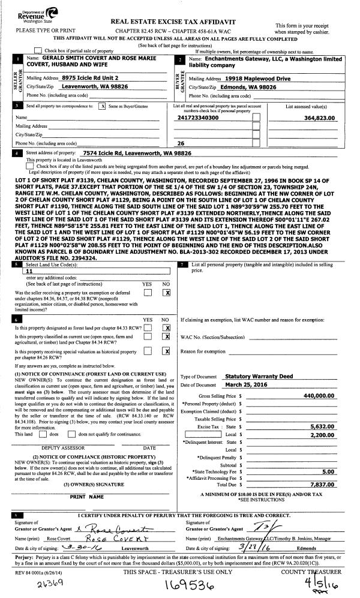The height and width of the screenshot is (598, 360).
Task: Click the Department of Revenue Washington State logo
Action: pyautogui.click(x=27, y=15)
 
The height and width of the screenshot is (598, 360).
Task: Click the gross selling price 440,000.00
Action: pyautogui.click(x=314, y=396)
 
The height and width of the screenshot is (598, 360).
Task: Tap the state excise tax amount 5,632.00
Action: pyautogui.click(x=320, y=425)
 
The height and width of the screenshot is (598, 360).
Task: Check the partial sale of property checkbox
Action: pyautogui.click(x=39, y=50)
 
